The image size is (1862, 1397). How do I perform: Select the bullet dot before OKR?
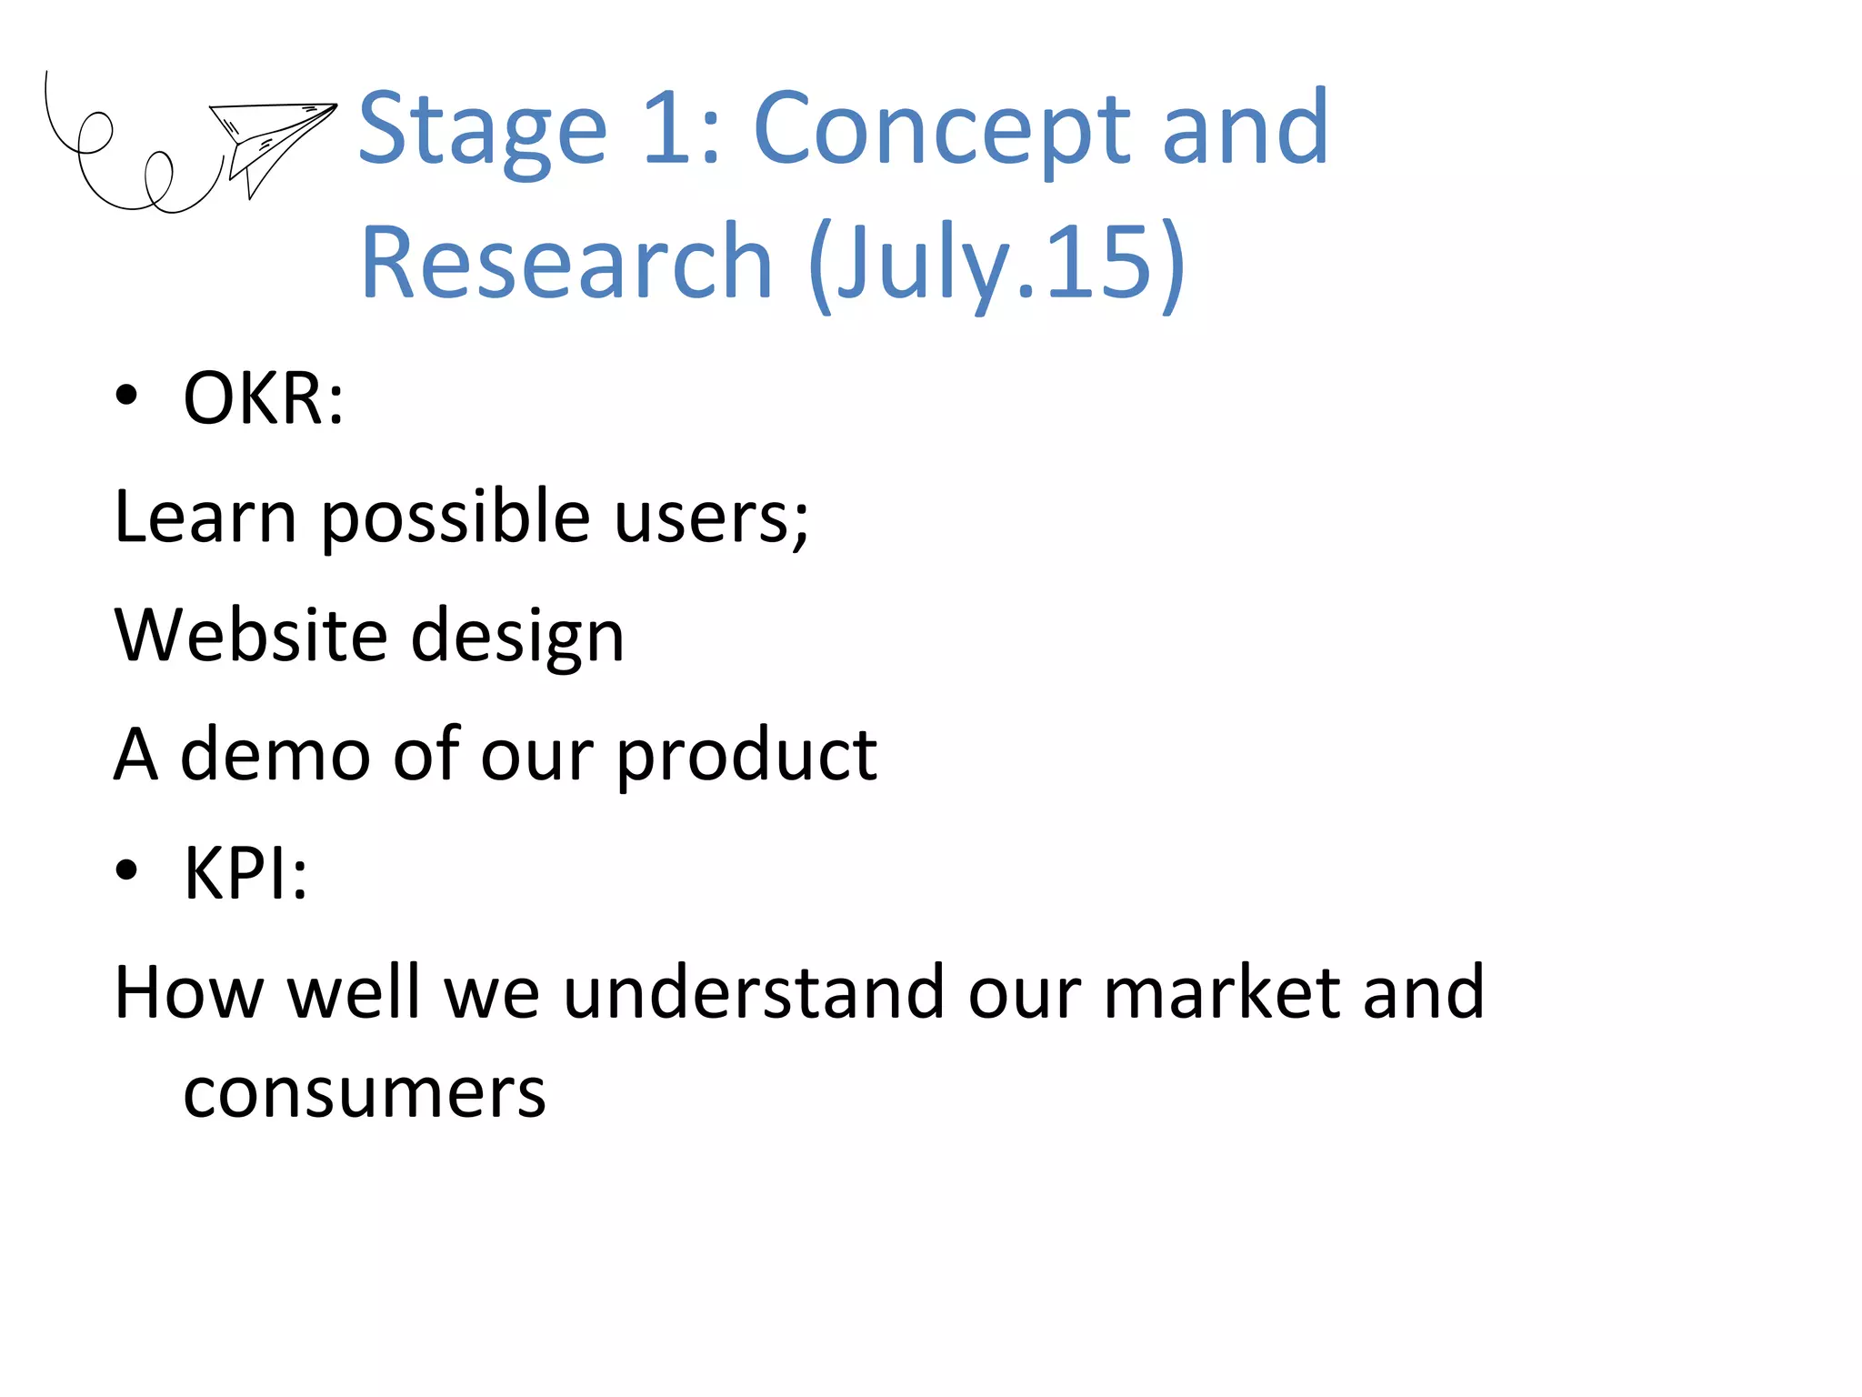126,396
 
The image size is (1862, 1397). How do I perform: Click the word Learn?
205,517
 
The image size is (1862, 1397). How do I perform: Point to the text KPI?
245,873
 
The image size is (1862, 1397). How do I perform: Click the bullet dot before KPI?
126,870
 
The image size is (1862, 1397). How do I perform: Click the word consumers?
365,1092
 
